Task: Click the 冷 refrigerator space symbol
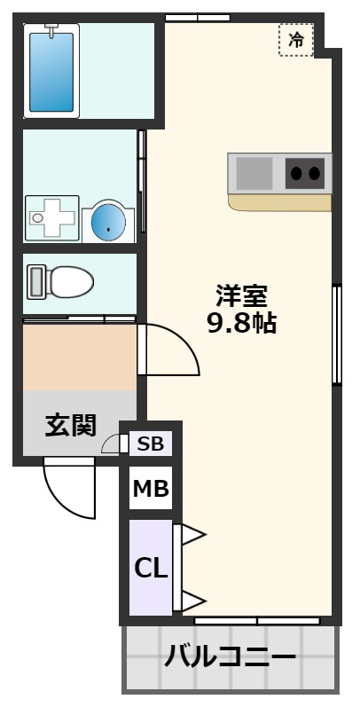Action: coord(296,40)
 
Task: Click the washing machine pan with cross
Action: coord(51,217)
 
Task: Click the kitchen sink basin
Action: coord(255,172)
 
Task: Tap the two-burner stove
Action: coord(305,172)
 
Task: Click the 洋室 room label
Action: coord(241,295)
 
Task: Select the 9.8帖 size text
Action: coord(241,323)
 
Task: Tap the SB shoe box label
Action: coord(150,444)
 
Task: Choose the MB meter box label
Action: coord(150,488)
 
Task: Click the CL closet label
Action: coord(150,568)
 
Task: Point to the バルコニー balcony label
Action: coord(230,657)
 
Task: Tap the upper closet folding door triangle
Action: coord(191,535)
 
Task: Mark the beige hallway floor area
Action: coord(79,357)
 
